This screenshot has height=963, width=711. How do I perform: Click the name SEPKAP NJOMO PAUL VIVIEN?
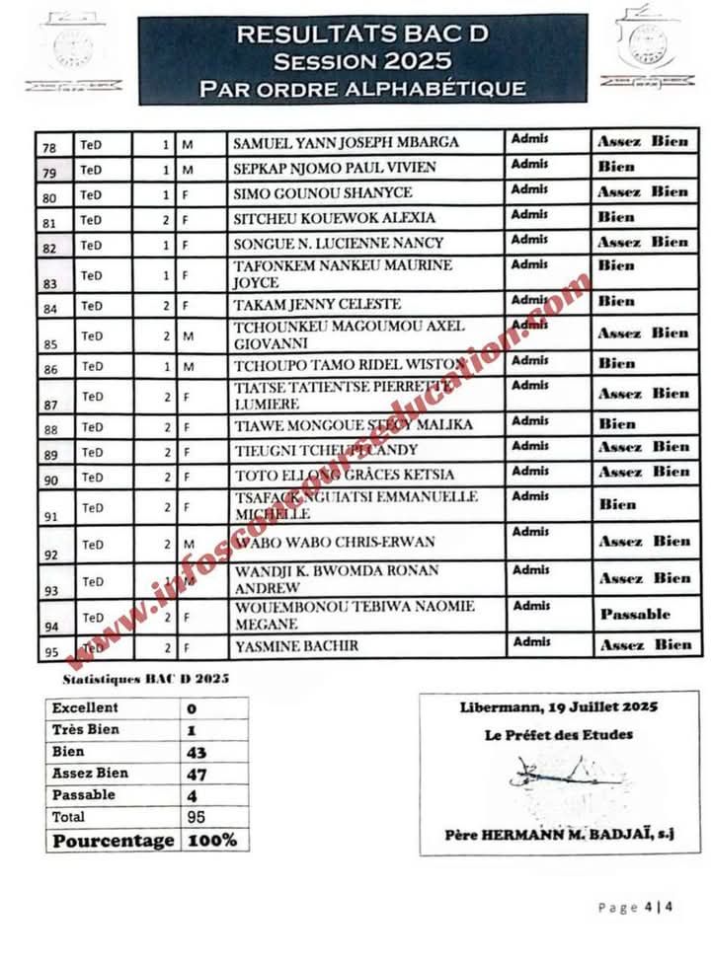pos(320,168)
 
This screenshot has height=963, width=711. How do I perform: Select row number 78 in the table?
pos(49,148)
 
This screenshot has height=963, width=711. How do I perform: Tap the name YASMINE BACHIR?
pos(295,646)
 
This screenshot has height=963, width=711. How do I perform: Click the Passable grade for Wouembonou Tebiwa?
pos(635,614)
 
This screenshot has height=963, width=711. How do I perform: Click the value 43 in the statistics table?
pos(197,752)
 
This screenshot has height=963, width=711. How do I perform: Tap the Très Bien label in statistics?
pos(85,729)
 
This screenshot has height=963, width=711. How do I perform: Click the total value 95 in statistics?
pos(196,817)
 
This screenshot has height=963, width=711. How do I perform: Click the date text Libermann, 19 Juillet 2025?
pos(559,707)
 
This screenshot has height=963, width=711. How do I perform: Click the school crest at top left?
pos(72,49)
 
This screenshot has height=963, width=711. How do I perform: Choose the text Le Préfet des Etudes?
pos(559,734)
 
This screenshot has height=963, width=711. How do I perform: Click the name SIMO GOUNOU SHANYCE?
pos(308,192)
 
